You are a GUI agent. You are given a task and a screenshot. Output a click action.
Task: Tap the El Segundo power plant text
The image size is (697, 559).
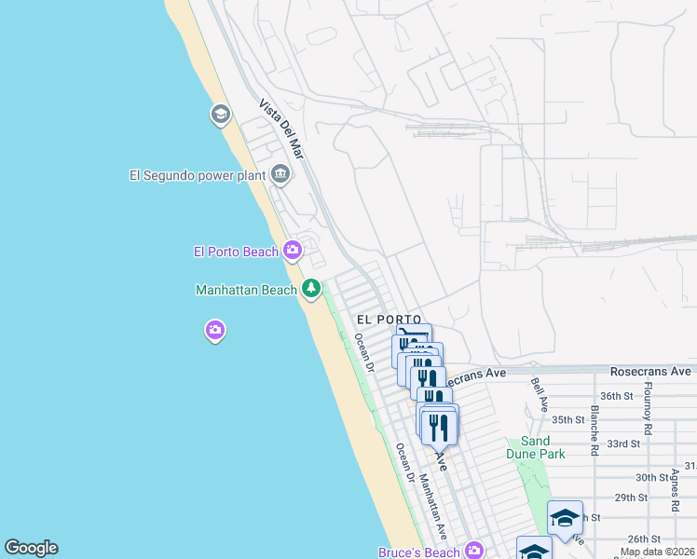(x=198, y=174)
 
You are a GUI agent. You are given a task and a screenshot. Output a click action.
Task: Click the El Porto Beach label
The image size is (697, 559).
(x=236, y=251)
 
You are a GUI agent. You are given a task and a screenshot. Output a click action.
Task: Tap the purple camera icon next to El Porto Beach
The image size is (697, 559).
(x=293, y=250)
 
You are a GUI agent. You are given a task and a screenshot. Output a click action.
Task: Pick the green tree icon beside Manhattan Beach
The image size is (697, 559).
(x=312, y=289)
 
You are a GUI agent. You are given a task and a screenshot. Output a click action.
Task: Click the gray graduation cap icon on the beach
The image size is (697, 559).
(x=221, y=115)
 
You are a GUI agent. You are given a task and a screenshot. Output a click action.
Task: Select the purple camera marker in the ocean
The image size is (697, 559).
(x=215, y=330)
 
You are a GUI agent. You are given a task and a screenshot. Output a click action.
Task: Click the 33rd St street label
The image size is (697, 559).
(x=623, y=443)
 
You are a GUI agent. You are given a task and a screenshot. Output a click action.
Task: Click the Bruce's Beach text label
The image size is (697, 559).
(x=419, y=552)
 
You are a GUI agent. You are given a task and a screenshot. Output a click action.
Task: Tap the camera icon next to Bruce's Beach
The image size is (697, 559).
(x=474, y=551)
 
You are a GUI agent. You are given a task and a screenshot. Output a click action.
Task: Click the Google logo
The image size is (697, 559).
(x=31, y=548)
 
